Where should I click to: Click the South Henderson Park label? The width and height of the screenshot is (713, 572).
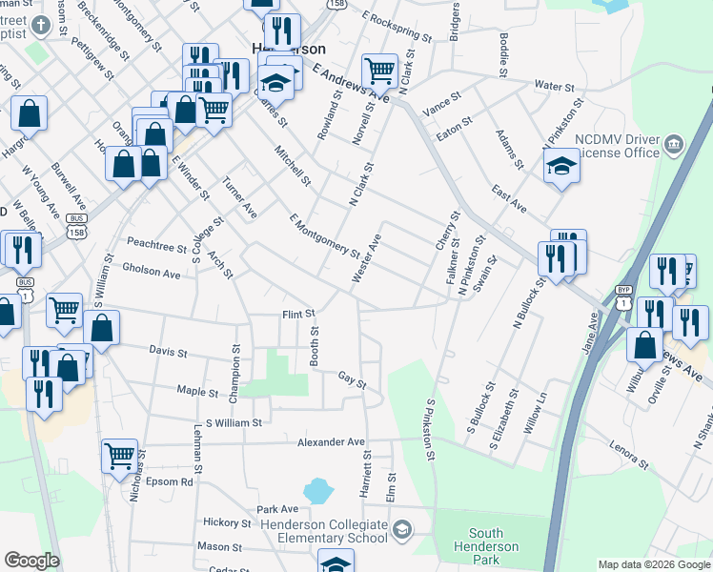[x=493, y=540]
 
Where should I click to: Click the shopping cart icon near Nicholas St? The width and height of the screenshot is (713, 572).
[x=120, y=456]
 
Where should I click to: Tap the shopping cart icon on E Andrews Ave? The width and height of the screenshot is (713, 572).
[x=379, y=70]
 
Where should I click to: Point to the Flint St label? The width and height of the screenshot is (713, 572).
[x=297, y=314]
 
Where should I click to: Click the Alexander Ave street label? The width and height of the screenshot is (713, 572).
[x=331, y=442]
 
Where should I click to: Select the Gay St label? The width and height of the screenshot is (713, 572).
[x=353, y=379]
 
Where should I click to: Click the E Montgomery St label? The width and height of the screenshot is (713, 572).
[x=324, y=235]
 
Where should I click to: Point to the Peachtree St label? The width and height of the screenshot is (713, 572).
[x=157, y=246]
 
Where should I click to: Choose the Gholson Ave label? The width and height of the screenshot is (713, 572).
[x=152, y=273]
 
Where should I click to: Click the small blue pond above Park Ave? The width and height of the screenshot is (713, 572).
[x=317, y=492]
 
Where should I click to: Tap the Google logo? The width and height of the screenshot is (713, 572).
[x=31, y=561]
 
